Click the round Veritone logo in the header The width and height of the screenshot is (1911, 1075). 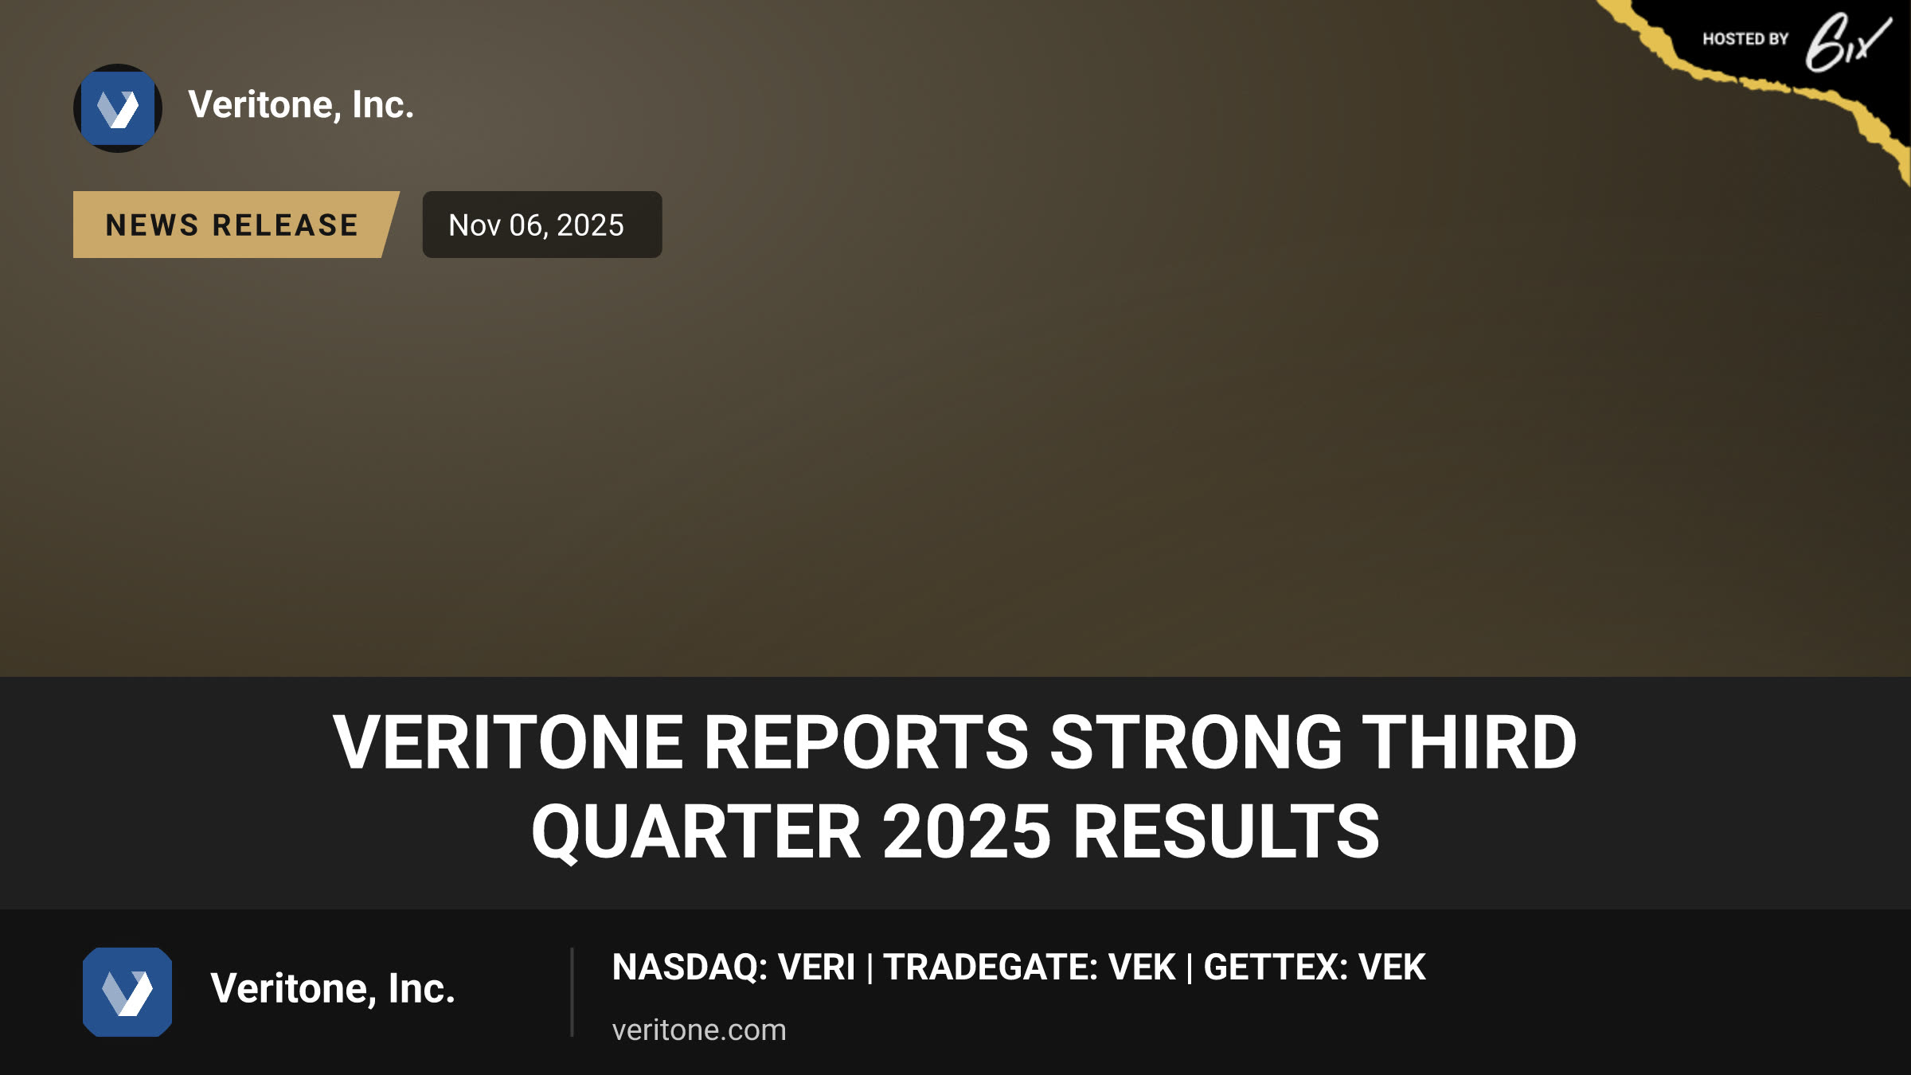pyautogui.click(x=118, y=108)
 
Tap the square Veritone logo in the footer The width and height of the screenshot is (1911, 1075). pyautogui.click(x=127, y=992)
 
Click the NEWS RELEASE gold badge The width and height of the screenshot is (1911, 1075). pyautogui.click(x=236, y=225)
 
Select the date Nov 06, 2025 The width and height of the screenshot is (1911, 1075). pyautogui.click(x=536, y=225)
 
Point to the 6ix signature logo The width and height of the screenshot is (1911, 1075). pyautogui.click(x=1847, y=42)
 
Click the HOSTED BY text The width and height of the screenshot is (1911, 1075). pyautogui.click(x=1745, y=39)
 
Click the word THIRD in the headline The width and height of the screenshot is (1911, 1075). pyautogui.click(x=1470, y=742)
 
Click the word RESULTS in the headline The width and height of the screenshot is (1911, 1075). pyautogui.click(x=1226, y=831)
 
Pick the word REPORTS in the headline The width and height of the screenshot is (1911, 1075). pyautogui.click(x=866, y=742)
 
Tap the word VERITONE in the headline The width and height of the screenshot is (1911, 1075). pyautogui.click(x=508, y=742)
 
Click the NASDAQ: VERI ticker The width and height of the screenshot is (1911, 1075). pyautogui.click(x=733, y=967)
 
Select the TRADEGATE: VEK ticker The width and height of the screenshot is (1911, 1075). pyautogui.click(x=1030, y=967)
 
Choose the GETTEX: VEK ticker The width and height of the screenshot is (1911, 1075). pyautogui.click(x=1315, y=967)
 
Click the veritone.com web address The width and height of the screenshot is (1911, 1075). pyautogui.click(x=699, y=1030)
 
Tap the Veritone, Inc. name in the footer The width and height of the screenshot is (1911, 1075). pyautogui.click(x=333, y=989)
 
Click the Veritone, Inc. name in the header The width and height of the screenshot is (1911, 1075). pyautogui.click(x=301, y=105)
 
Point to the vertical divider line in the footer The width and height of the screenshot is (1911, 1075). pyautogui.click(x=572, y=992)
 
